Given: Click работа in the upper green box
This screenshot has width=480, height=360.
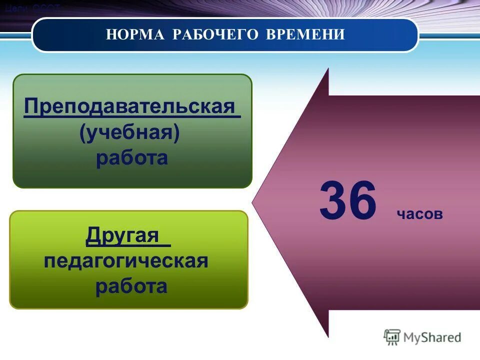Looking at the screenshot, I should click(x=131, y=158).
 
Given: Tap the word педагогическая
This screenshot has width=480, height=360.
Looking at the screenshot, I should click(x=126, y=261).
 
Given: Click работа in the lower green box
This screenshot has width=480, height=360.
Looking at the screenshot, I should click(x=131, y=287).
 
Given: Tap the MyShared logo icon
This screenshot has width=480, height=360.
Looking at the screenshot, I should click(x=392, y=337).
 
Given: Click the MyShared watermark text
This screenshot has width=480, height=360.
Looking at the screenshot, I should click(x=432, y=337).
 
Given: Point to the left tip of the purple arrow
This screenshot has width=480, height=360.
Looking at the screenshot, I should click(x=253, y=202).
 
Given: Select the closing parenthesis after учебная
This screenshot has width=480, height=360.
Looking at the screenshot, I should click(x=176, y=133).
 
